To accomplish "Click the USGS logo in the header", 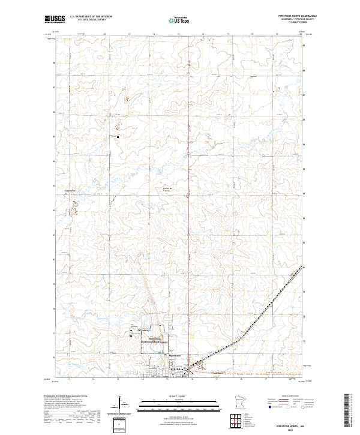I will [54, 20].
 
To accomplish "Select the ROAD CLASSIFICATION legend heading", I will [296, 397].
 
